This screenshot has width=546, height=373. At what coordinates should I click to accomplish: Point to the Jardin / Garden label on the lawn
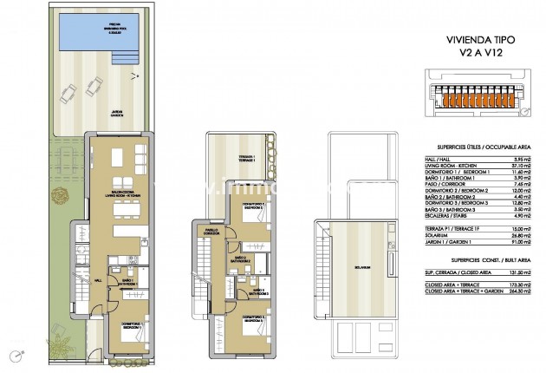pos(116,113)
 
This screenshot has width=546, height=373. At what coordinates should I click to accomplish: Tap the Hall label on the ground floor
pos(98,280)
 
